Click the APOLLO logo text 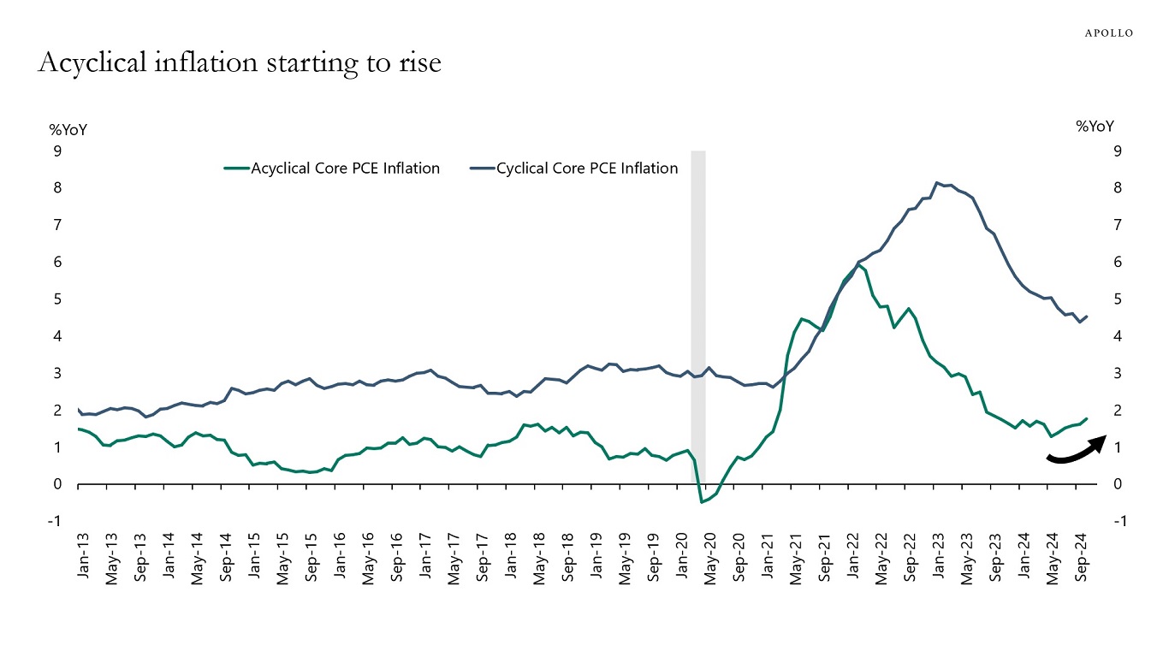click(1109, 33)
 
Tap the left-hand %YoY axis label click(68, 130)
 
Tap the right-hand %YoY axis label click(1095, 126)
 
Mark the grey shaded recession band click(697, 325)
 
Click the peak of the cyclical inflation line click(938, 182)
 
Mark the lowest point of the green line click(702, 501)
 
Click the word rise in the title click(420, 62)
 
